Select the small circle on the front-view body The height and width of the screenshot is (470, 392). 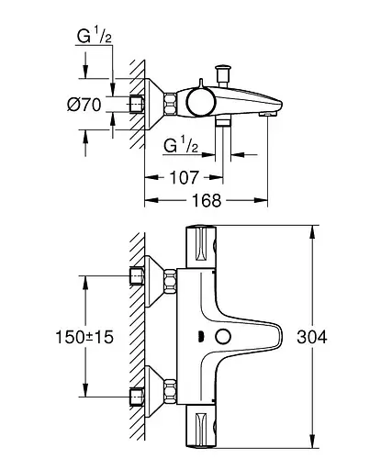(219, 337)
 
